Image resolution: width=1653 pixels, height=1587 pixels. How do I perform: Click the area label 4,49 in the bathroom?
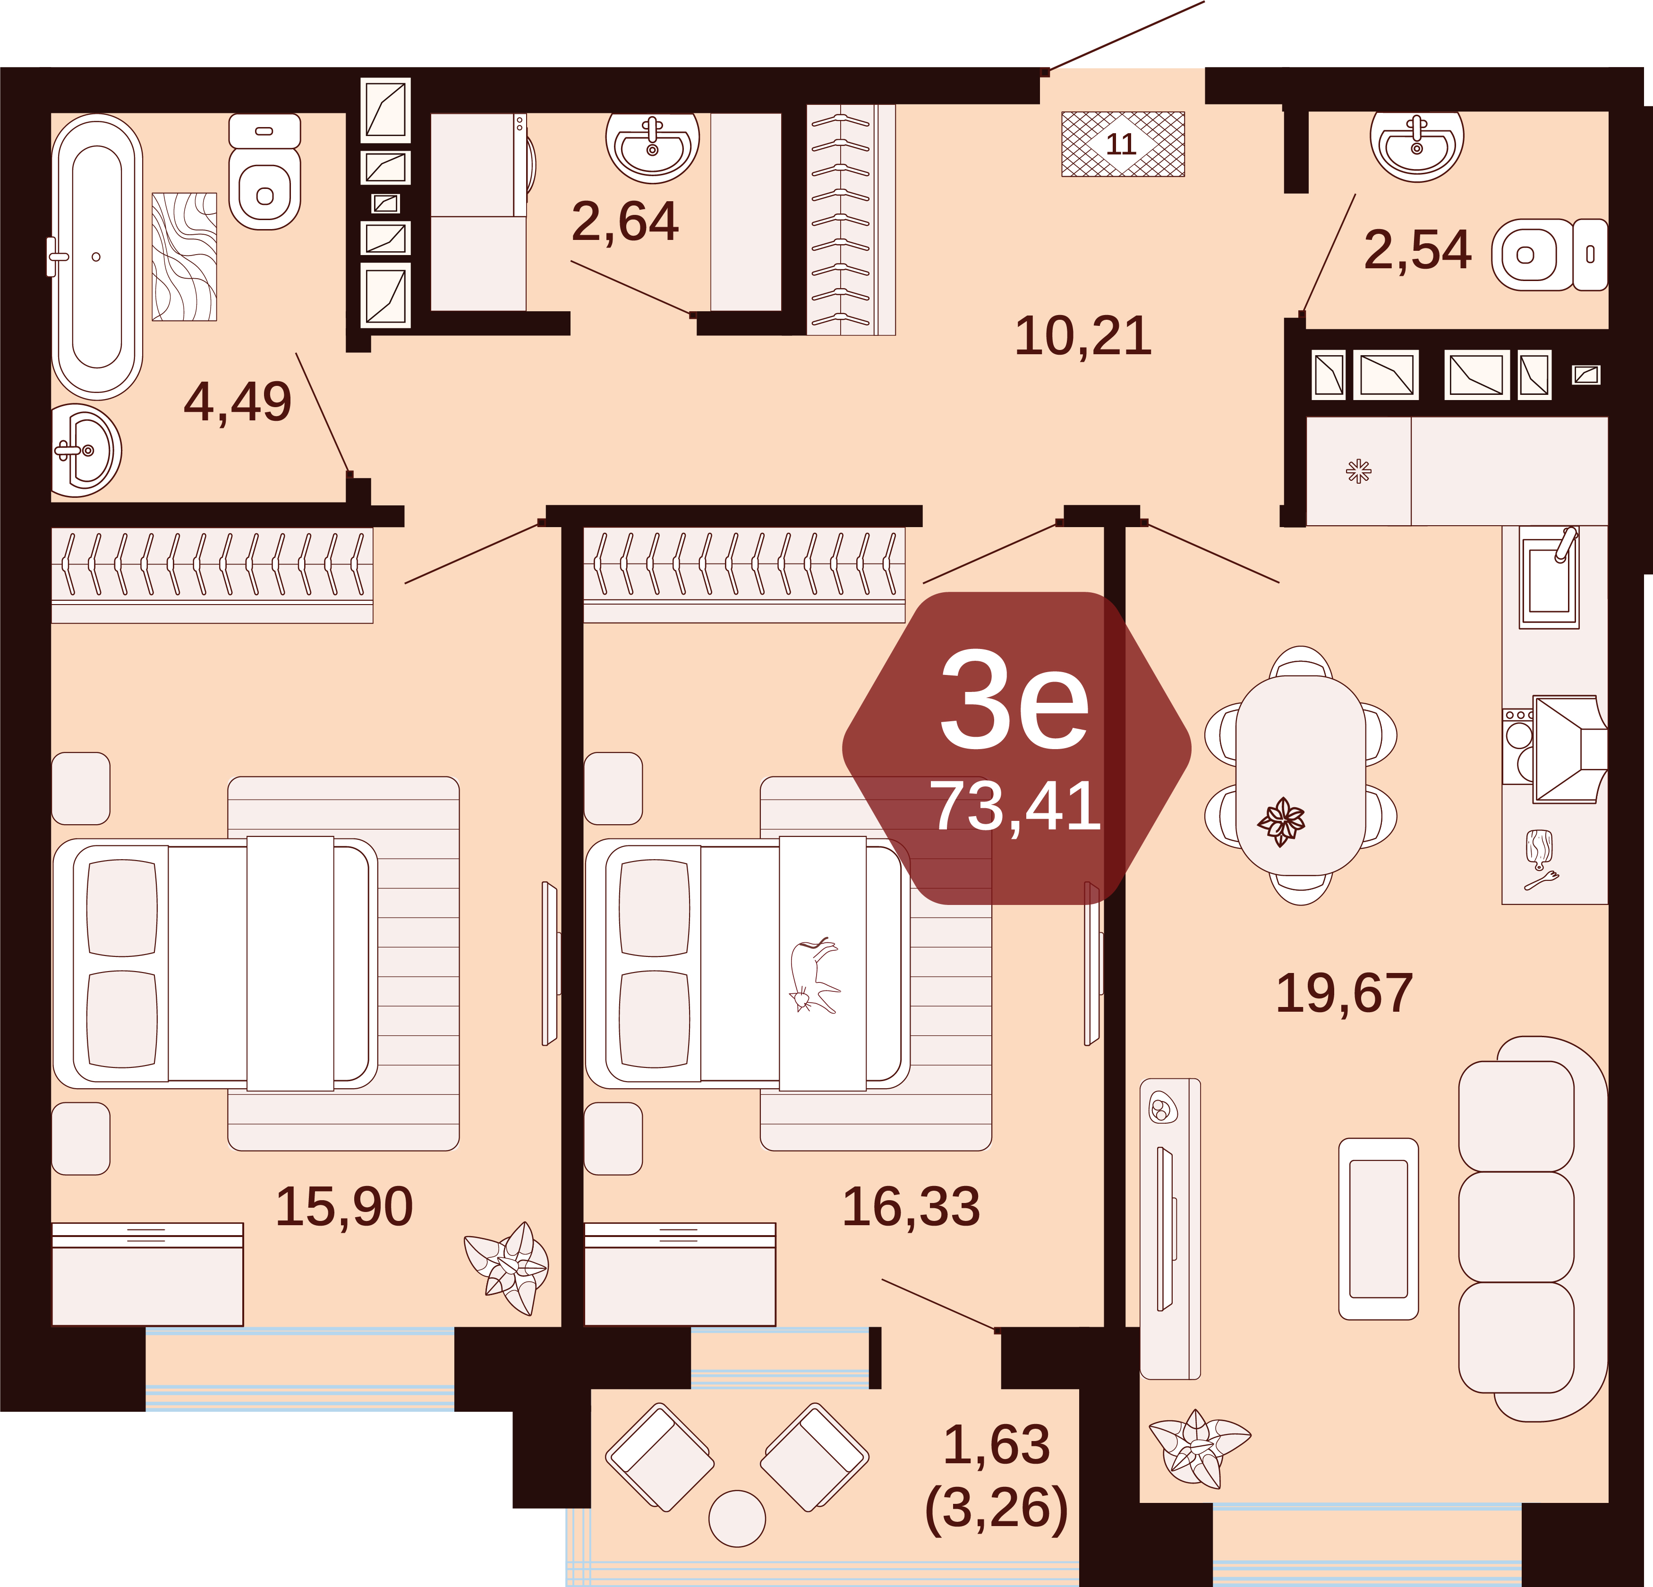coord(238,403)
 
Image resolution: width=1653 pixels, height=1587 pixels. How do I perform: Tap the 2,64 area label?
coord(625,222)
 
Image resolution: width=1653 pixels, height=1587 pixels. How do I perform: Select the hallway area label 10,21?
coord(1083,336)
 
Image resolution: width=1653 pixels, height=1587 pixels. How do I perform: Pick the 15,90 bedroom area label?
coord(344,1207)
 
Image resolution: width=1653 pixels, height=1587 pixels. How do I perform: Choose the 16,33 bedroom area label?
coord(912,1207)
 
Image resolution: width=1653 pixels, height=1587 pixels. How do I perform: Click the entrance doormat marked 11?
coord(1123,144)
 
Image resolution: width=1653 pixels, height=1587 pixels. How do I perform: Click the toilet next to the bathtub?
coord(265,172)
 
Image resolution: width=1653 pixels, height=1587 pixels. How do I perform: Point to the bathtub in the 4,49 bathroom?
coord(96,256)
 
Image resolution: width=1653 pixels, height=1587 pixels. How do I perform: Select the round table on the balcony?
coord(737,1519)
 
